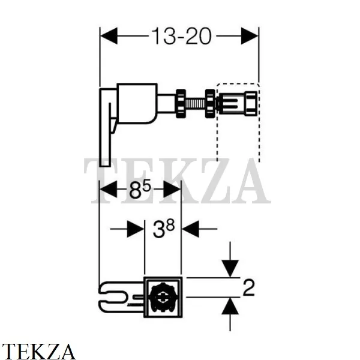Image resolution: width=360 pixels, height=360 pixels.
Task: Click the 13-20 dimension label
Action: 181,36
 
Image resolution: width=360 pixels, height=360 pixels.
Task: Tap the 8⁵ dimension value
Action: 140,189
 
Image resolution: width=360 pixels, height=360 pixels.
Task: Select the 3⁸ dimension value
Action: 164,229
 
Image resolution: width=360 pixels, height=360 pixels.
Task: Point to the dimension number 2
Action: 248,287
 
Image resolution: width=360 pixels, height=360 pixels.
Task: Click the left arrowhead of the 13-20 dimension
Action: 109,36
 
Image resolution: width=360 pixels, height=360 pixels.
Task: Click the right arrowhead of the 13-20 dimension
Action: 250,36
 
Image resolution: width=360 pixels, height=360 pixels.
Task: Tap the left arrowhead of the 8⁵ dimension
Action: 108,189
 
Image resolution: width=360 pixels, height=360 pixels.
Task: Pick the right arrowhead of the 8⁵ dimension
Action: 172,189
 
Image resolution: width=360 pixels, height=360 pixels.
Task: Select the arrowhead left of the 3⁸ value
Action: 136,229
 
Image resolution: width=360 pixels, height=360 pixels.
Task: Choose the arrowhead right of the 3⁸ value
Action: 191,229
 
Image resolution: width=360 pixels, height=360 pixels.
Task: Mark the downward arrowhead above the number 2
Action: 230,269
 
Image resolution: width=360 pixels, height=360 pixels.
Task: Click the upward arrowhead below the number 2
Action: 230,306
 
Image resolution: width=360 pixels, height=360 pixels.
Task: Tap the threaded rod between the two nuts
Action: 196,104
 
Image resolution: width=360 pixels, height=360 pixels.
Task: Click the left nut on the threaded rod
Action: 181,104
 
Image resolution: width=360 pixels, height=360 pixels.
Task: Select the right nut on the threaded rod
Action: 210,104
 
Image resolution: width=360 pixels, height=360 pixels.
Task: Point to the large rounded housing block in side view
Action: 137,104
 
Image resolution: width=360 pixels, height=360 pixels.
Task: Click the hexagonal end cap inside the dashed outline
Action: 251,103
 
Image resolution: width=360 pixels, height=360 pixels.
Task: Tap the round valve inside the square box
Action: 163,298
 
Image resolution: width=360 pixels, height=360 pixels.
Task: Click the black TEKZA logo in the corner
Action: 39,351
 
